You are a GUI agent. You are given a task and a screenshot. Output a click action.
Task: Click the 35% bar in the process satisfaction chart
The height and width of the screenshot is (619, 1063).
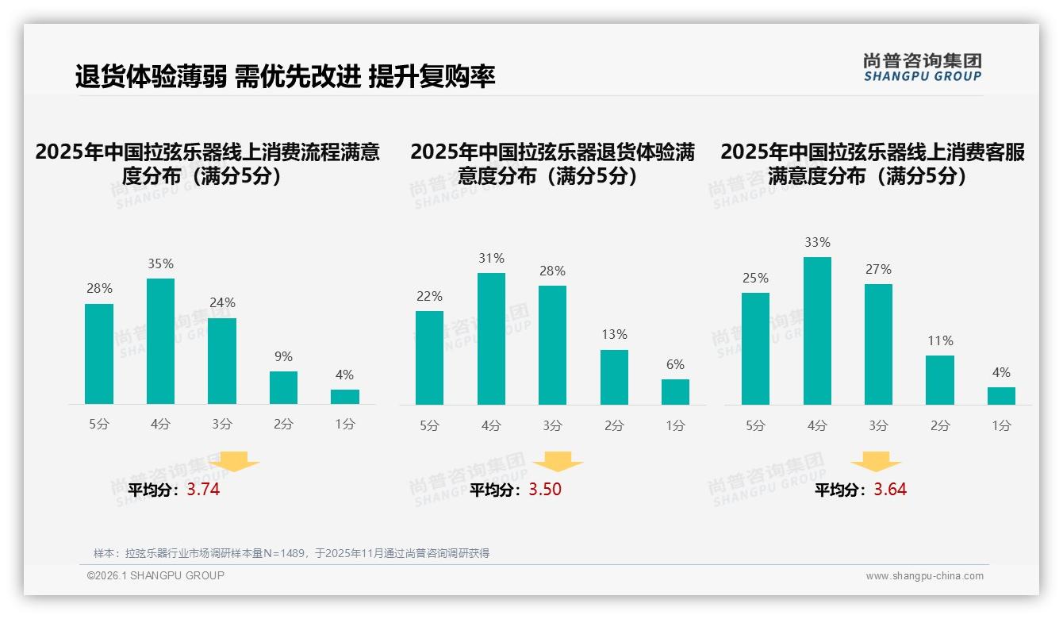click(x=160, y=341)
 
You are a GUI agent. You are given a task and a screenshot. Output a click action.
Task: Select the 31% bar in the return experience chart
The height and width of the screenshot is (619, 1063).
click(x=491, y=339)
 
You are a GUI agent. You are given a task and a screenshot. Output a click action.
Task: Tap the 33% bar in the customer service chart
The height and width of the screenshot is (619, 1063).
click(x=817, y=331)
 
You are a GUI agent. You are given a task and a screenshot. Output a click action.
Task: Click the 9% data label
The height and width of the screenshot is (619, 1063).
click(x=283, y=357)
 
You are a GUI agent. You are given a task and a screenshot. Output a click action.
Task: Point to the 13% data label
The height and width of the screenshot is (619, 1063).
click(x=614, y=335)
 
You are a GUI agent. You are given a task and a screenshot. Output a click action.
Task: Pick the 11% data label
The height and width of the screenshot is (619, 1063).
click(x=940, y=341)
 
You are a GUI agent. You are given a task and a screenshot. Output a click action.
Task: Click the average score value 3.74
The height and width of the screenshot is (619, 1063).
click(x=203, y=490)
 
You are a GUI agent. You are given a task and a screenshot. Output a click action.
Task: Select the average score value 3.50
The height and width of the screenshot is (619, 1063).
click(x=545, y=490)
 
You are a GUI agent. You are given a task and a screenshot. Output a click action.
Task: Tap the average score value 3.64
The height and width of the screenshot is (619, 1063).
click(x=890, y=490)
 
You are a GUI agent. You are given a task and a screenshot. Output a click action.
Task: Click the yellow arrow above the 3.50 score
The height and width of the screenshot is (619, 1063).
click(x=558, y=462)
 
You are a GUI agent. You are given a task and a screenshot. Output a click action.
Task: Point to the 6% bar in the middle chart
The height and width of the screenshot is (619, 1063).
click(x=675, y=392)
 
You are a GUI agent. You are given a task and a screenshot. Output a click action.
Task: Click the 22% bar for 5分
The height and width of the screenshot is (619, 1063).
click(x=429, y=358)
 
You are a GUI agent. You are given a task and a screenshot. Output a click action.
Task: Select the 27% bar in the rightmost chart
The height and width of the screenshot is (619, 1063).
click(x=878, y=344)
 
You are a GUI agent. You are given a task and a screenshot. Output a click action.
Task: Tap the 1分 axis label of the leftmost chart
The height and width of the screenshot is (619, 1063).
click(x=345, y=425)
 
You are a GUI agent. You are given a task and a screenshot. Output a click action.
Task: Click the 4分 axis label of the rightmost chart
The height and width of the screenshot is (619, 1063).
click(x=817, y=426)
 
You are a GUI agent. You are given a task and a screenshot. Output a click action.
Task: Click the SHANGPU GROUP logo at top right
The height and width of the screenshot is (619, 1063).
click(x=922, y=67)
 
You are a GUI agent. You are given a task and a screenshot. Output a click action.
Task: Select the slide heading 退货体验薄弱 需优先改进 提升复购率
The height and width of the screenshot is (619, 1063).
click(x=286, y=77)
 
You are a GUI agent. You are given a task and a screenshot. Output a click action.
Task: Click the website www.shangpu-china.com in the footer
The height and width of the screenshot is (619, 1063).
click(x=924, y=576)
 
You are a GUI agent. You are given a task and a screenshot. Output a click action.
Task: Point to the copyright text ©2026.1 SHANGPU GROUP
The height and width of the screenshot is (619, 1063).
click(x=155, y=575)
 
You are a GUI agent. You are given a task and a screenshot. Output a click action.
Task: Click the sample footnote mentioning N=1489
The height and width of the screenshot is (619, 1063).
click(x=291, y=553)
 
